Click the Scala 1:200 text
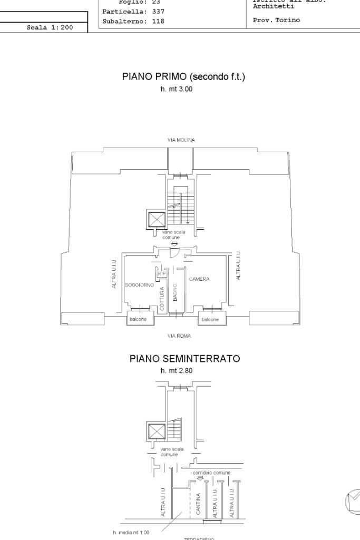[x=50, y=27]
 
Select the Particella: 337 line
[x=133, y=11]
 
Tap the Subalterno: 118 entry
[x=133, y=22]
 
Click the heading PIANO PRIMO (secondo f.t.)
[x=183, y=77]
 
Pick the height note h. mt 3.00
[x=177, y=90]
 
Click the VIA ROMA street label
[x=180, y=336]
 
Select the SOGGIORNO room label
[x=139, y=285]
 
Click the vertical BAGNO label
[x=174, y=291]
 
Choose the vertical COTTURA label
[x=162, y=298]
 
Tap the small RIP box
[x=161, y=273]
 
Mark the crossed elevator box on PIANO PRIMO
[x=157, y=219]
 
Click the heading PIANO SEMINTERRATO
[x=184, y=359]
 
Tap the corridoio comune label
[x=211, y=473]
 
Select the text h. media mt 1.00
[x=131, y=532]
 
